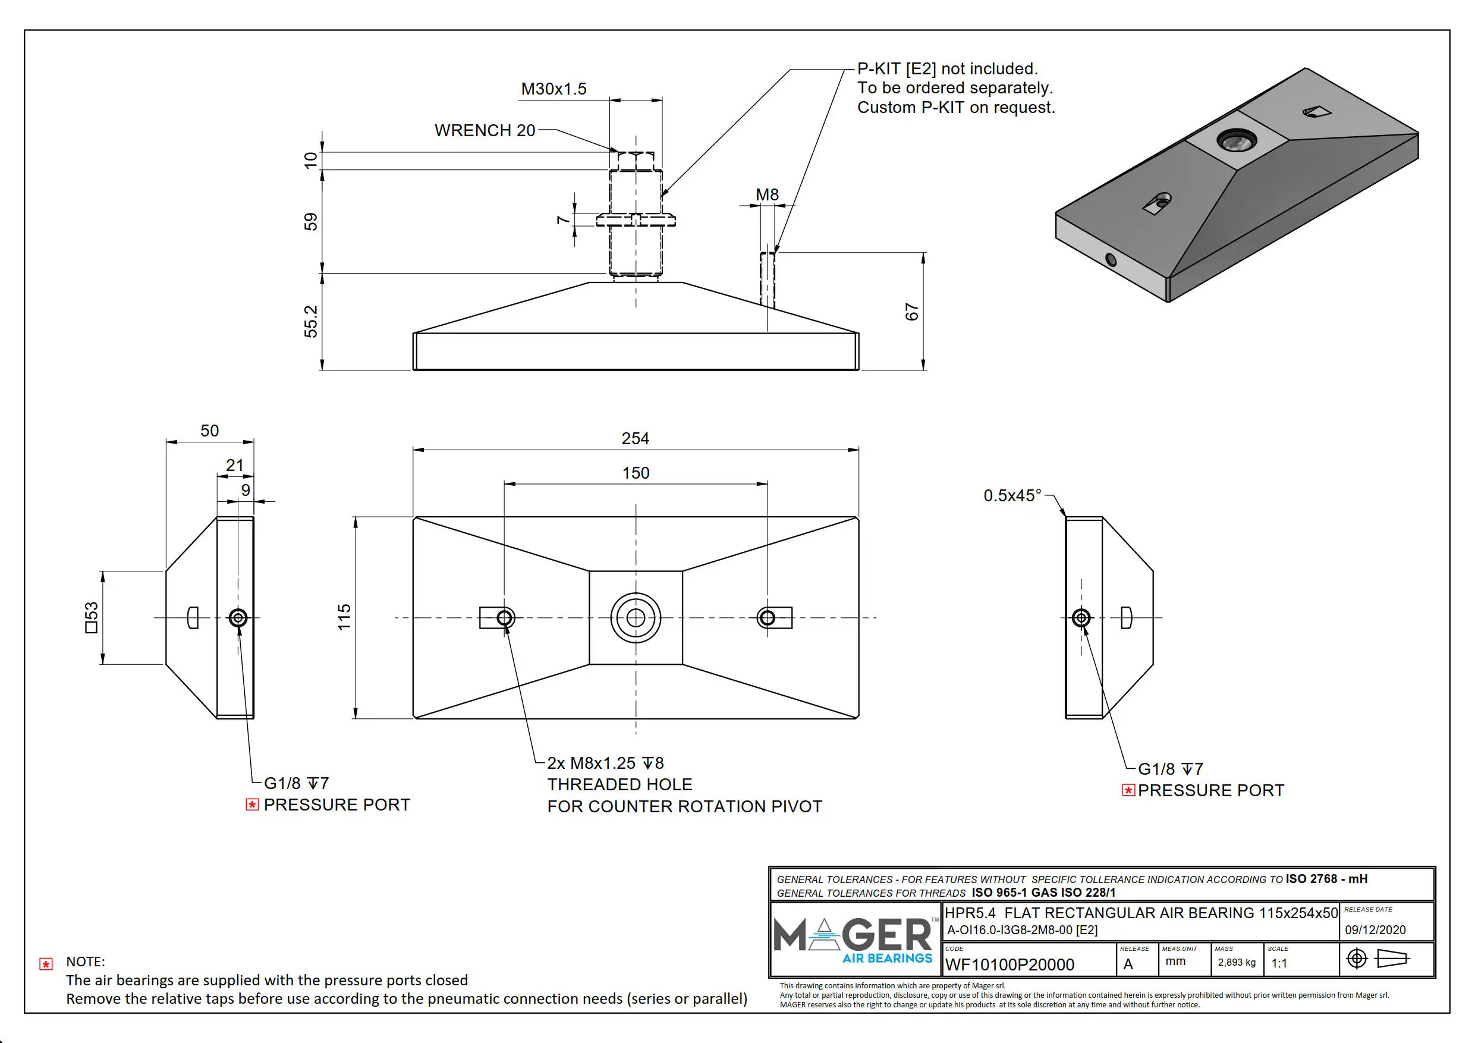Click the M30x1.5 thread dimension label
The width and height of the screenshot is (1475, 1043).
click(553, 89)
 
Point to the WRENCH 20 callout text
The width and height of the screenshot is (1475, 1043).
click(485, 130)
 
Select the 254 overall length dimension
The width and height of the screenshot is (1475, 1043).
click(635, 438)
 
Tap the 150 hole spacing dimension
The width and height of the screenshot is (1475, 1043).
click(636, 473)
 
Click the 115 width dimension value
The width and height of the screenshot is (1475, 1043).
click(344, 617)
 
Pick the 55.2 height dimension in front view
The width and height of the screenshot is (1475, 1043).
click(311, 321)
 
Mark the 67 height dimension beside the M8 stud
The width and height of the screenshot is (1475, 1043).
click(911, 312)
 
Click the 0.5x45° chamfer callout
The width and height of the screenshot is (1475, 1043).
click(1012, 495)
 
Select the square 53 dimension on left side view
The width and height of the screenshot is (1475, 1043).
click(92, 617)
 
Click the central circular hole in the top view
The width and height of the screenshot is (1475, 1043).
click(636, 618)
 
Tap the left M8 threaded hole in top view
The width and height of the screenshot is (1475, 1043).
click(505, 618)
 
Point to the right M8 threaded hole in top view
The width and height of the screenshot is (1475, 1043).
click(766, 618)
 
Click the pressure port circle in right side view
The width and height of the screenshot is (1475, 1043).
click(1081, 618)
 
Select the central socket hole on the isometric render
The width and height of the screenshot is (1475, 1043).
click(1237, 140)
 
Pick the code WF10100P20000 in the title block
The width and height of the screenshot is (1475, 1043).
click(1009, 965)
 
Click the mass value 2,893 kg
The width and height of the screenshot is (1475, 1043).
click(1236, 962)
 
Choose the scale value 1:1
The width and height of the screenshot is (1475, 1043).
click(1279, 963)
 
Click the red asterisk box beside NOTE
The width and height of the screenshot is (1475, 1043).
click(46, 964)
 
